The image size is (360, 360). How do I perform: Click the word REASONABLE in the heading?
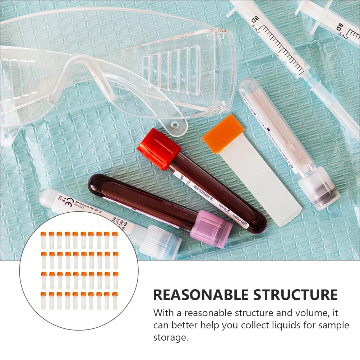[201, 295]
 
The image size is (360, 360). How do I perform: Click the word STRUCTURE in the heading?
[296, 295]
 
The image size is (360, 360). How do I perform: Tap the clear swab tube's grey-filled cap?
[319, 192]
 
